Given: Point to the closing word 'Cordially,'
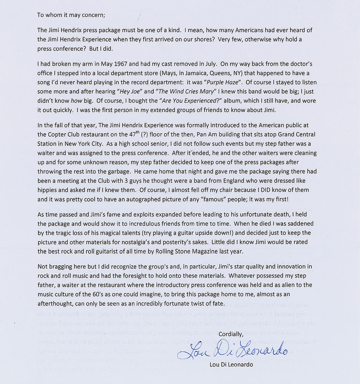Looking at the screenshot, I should (x=231, y=334).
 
